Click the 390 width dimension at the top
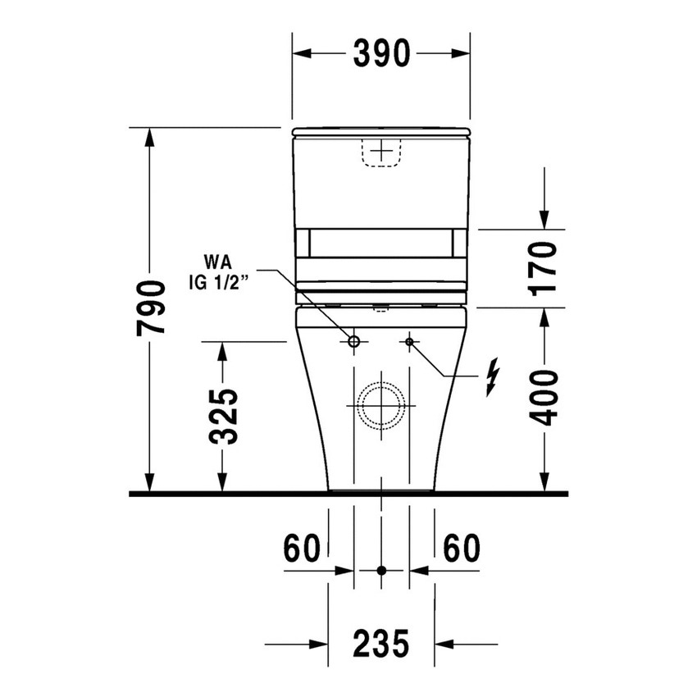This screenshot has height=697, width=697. click(x=381, y=53)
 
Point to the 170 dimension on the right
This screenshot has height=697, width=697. click(x=543, y=268)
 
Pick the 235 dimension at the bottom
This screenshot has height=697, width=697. click(x=381, y=644)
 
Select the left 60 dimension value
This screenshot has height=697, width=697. click(x=301, y=549)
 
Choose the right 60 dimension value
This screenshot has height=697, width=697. click(x=462, y=549)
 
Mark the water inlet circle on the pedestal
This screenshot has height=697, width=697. click(x=354, y=340)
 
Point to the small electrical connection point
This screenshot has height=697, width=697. click(x=409, y=340)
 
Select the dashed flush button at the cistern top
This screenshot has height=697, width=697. click(x=381, y=153)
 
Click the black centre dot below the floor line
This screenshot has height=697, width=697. click(x=381, y=570)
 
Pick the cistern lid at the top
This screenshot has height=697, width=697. click(x=381, y=131)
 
